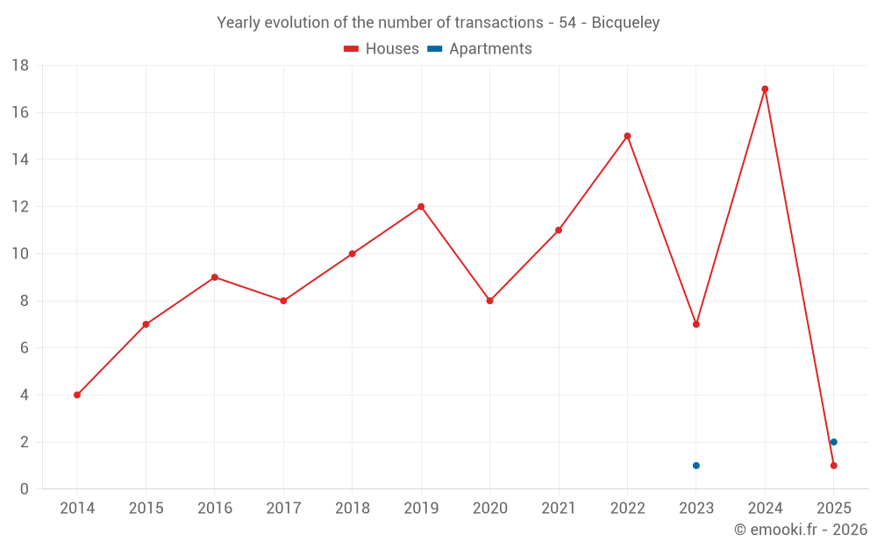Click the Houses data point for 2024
click(765, 89)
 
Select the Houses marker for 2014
click(77, 395)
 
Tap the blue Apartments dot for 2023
click(696, 466)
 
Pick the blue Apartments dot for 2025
click(834, 442)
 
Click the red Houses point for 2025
click(834, 466)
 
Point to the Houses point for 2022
click(627, 136)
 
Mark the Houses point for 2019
click(421, 207)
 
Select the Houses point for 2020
click(489, 301)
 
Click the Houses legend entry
click(381, 49)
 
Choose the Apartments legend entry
click(480, 49)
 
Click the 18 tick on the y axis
click(20, 66)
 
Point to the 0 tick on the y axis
click(25, 489)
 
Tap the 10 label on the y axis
click(20, 254)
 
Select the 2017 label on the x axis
click(283, 509)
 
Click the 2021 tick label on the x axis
click(559, 509)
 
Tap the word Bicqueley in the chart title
click(625, 23)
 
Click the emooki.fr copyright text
click(800, 530)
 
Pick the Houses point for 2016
click(215, 277)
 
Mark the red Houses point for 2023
click(696, 324)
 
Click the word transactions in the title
click(498, 23)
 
